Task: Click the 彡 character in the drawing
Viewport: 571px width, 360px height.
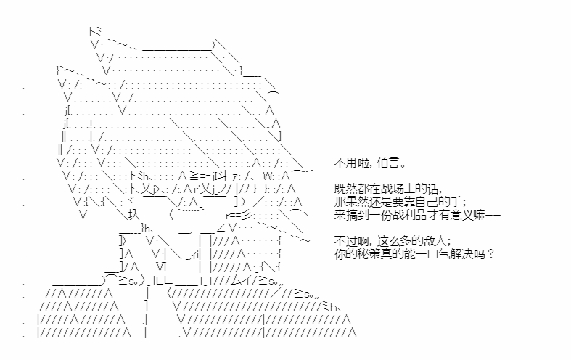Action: [x=247, y=216]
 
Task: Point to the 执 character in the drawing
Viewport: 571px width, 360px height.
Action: [x=133, y=216]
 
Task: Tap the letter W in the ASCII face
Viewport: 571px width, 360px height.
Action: [x=268, y=176]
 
